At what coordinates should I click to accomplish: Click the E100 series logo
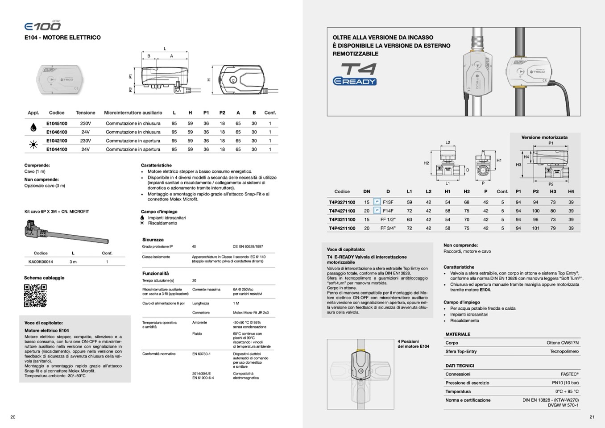click(42, 26)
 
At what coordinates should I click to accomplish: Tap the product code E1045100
click(57, 124)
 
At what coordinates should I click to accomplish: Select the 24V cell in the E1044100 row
click(85, 150)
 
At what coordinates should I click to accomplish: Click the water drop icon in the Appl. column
click(33, 128)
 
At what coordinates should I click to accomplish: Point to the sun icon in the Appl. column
click(33, 145)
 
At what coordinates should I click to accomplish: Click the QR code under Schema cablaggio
click(35, 295)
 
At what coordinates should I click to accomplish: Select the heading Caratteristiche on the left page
click(156, 165)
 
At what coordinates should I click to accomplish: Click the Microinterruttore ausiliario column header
click(133, 113)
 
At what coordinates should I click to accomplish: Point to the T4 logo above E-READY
click(358, 69)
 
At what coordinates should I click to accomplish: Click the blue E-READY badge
click(355, 81)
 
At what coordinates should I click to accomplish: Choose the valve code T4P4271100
click(342, 211)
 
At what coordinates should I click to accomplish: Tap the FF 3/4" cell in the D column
click(388, 228)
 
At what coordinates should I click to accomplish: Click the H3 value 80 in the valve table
click(553, 211)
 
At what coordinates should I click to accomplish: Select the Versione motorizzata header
click(544, 137)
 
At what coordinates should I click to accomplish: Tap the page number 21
click(592, 417)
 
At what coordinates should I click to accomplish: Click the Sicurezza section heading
click(153, 240)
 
